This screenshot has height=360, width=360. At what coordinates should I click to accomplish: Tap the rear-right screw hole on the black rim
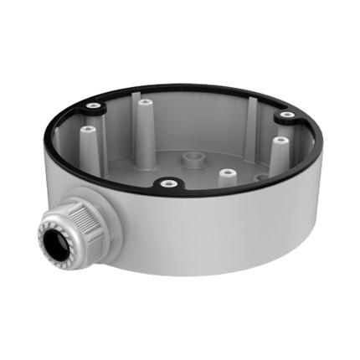(286, 114)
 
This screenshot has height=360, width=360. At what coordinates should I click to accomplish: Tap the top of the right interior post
(280, 140)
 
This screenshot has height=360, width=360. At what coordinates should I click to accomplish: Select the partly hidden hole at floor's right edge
(261, 177)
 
